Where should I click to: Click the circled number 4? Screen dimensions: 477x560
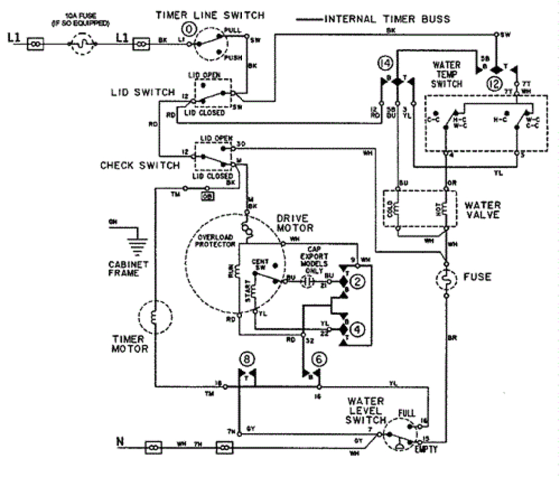360,330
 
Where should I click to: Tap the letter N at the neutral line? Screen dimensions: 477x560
119,441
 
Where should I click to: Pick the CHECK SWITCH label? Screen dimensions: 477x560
140,166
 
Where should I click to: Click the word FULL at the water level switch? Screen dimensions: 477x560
406,413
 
